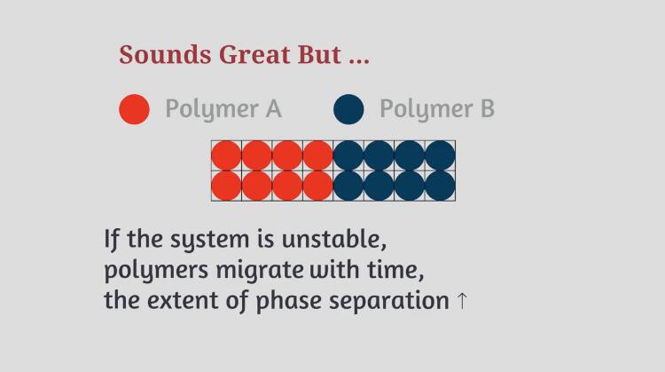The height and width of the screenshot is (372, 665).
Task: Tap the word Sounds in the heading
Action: click(165, 54)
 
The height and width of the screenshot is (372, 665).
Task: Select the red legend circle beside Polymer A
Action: click(135, 109)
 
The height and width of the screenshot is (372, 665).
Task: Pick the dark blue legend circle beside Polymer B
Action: click(348, 109)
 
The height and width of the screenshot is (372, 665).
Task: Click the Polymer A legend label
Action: click(223, 108)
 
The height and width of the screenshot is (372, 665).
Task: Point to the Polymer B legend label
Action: click(437, 108)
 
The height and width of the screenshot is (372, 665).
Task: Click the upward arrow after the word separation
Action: click(462, 301)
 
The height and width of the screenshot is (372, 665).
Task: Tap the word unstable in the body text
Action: click(333, 239)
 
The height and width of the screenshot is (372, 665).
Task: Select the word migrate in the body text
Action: click(260, 270)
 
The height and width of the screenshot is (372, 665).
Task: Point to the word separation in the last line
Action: click(389, 301)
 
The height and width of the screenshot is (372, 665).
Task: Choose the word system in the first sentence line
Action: click(209, 240)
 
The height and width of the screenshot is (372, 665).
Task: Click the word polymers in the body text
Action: click(156, 271)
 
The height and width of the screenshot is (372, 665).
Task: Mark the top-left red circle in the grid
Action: click(226, 155)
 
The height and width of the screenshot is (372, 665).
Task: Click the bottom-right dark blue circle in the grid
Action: click(440, 186)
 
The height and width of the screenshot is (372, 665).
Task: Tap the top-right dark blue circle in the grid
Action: click(440, 155)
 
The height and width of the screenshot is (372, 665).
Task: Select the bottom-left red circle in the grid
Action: click(226, 186)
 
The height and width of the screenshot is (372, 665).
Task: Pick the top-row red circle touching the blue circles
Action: click(318, 155)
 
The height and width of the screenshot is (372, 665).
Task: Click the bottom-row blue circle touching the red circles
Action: click(348, 186)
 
